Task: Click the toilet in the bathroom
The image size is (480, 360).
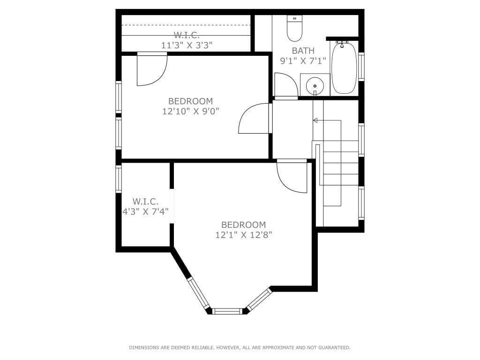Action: coord(294,30)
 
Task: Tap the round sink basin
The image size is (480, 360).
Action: coord(315,86)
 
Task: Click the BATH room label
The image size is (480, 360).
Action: coord(303,51)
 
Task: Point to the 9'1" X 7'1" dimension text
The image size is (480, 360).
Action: coord(303,60)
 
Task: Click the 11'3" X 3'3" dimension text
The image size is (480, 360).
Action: coord(187,45)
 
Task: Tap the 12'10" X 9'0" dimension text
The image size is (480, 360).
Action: coord(191,111)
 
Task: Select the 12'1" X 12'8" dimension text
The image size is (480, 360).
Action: coord(243,235)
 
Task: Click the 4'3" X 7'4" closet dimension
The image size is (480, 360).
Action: coord(145,211)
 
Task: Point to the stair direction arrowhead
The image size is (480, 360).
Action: coord(315,120)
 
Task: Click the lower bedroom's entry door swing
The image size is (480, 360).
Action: coord(291,178)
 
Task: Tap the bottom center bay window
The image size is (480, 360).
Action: coord(228,311)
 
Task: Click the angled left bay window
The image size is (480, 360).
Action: coord(198,293)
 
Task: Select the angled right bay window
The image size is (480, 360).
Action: coord(259,300)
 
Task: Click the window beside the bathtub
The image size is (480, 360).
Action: coord(361,67)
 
